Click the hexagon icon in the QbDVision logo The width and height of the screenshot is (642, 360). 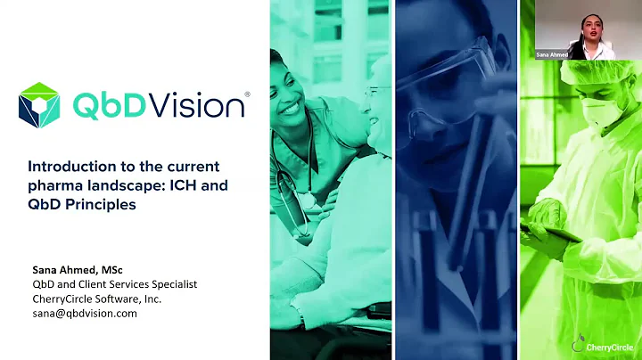38,105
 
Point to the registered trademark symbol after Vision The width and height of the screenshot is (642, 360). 247,93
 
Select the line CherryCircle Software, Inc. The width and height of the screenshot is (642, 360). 98,299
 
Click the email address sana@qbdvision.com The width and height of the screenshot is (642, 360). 86,313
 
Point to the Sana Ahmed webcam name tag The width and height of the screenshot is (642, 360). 552,53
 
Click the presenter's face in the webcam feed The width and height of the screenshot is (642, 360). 588,26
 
